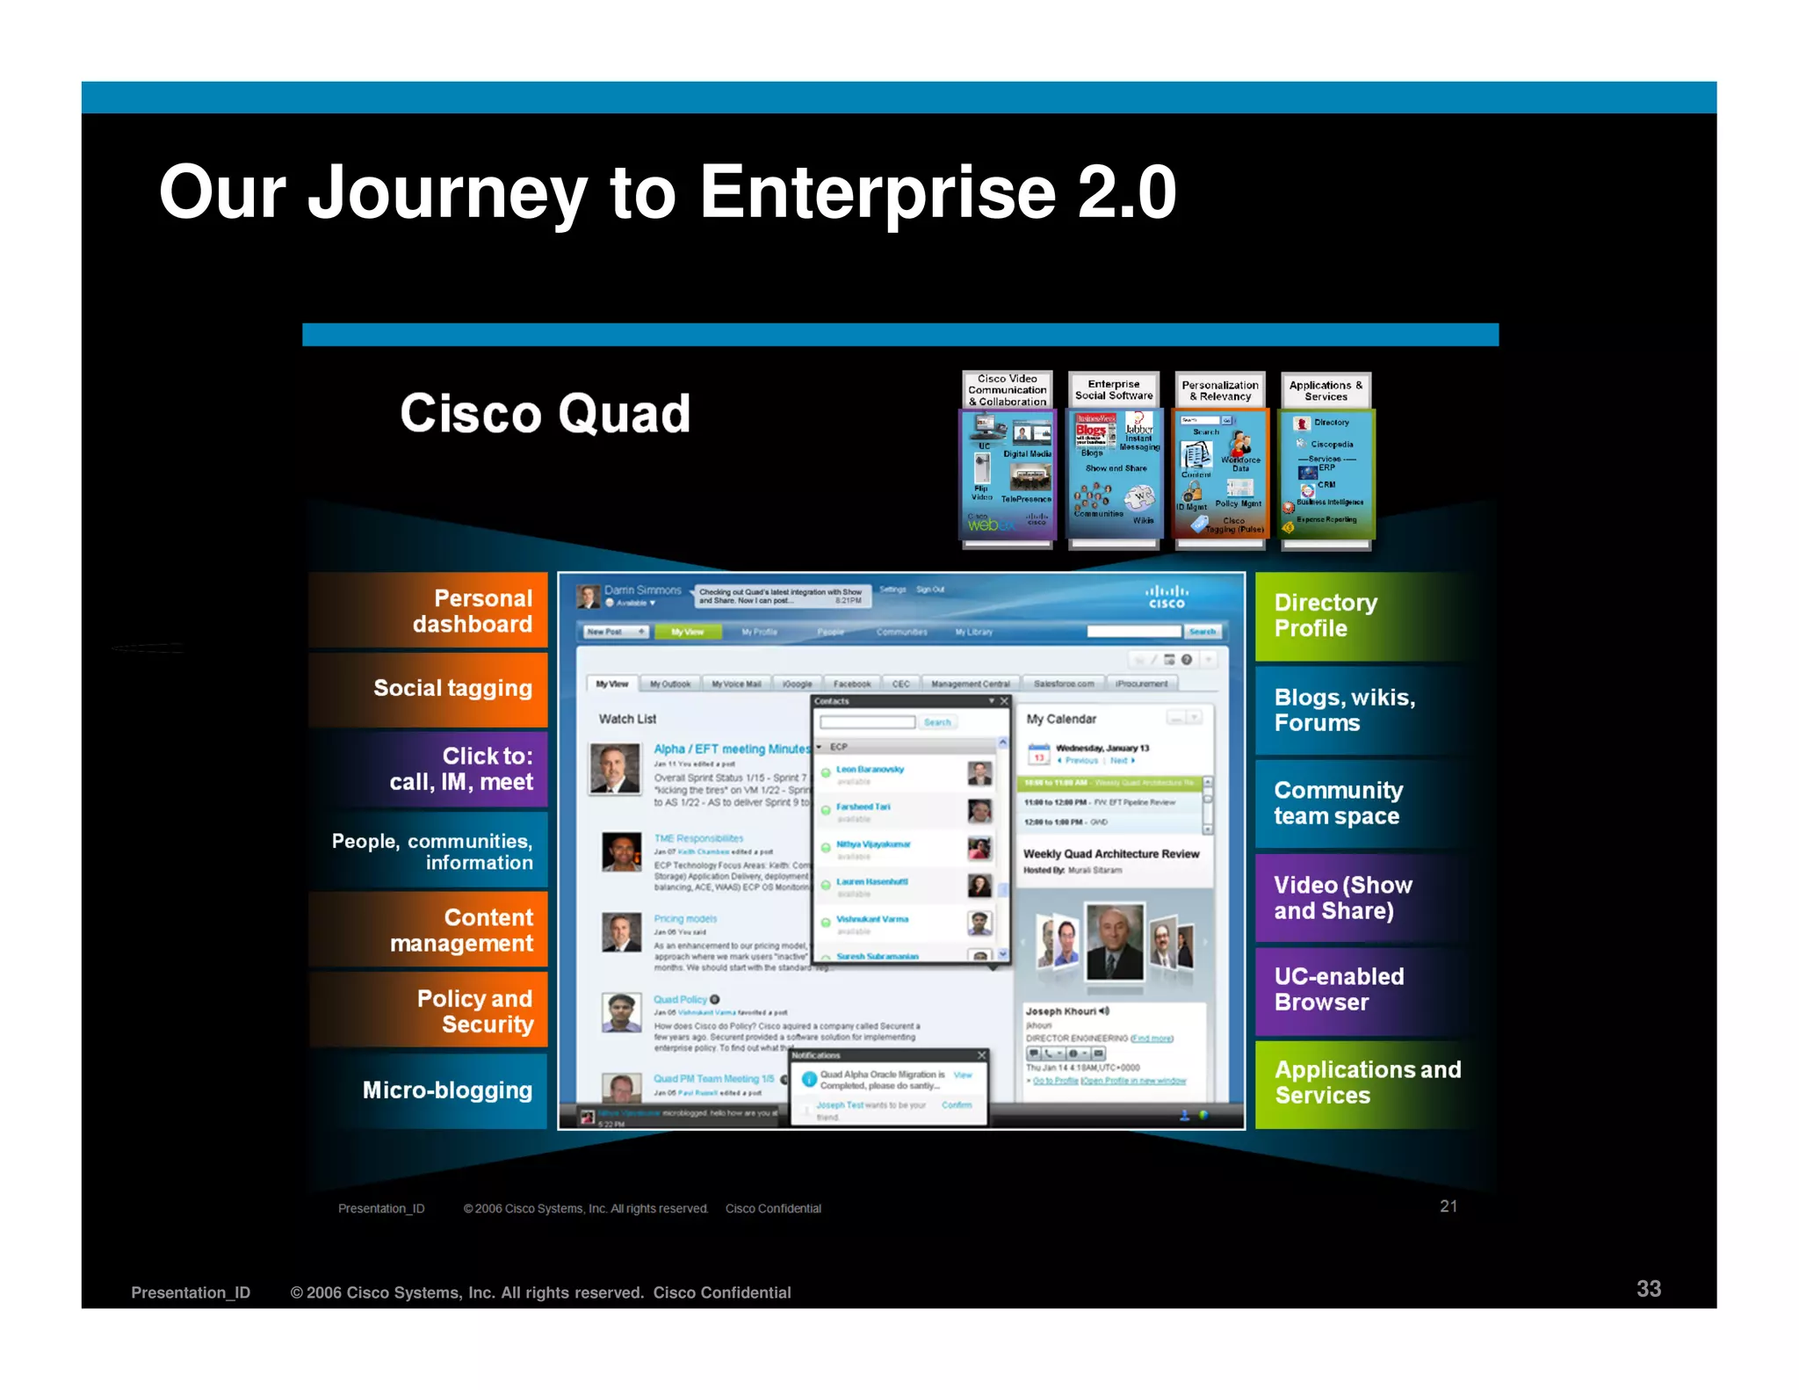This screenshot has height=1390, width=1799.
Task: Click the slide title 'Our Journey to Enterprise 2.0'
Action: [667, 192]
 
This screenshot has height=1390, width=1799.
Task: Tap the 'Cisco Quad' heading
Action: [545, 413]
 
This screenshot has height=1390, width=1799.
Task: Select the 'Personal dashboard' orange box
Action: [429, 611]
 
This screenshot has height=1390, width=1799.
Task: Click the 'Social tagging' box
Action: [429, 688]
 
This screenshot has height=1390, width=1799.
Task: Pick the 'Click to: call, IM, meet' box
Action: [429, 769]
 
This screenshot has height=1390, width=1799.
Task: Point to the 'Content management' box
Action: [429, 930]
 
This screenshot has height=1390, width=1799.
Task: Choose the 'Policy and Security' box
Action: [429, 1010]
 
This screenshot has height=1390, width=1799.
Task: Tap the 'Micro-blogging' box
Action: [429, 1090]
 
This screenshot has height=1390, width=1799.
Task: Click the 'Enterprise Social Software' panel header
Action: [1113, 390]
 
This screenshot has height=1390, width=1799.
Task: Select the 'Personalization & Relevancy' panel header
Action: [1219, 391]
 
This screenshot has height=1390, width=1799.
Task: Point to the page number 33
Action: [1648, 1288]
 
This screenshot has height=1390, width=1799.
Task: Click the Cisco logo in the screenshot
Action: [1167, 597]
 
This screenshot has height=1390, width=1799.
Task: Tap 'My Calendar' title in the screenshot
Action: [1061, 719]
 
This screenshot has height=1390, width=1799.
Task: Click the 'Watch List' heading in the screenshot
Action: [627, 719]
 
